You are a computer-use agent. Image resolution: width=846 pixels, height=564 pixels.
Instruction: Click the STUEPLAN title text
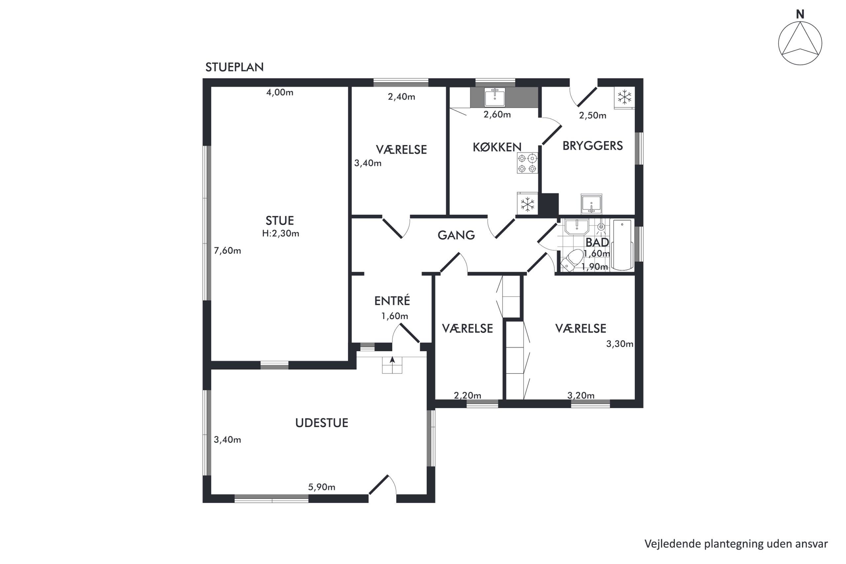234,67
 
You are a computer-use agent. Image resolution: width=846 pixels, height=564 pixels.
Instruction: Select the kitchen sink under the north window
495,97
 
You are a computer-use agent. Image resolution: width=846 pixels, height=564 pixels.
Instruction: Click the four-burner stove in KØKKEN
527,163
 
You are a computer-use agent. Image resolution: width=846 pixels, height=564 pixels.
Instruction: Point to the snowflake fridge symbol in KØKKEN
527,204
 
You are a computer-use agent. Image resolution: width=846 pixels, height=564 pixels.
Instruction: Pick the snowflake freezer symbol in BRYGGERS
625,97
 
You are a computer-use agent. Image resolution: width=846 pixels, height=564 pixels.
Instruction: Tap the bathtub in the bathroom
622,244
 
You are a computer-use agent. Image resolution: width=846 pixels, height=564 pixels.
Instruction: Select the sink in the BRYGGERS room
591,204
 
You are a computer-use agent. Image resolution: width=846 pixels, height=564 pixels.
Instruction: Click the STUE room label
280,220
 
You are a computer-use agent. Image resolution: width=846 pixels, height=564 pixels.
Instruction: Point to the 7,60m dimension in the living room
227,251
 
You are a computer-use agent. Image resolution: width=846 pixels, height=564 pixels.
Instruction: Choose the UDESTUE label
322,423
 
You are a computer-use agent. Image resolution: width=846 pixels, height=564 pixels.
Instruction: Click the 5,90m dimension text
322,487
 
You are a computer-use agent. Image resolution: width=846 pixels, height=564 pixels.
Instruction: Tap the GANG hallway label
456,235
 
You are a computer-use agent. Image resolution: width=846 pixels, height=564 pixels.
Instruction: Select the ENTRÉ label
392,301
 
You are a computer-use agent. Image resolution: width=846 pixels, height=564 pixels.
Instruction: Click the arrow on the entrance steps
392,360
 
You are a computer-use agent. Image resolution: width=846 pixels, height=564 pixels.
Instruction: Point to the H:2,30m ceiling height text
281,234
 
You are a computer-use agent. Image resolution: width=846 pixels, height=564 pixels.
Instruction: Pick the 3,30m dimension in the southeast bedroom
620,344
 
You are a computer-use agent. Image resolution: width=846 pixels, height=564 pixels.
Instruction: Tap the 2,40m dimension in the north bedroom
402,97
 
